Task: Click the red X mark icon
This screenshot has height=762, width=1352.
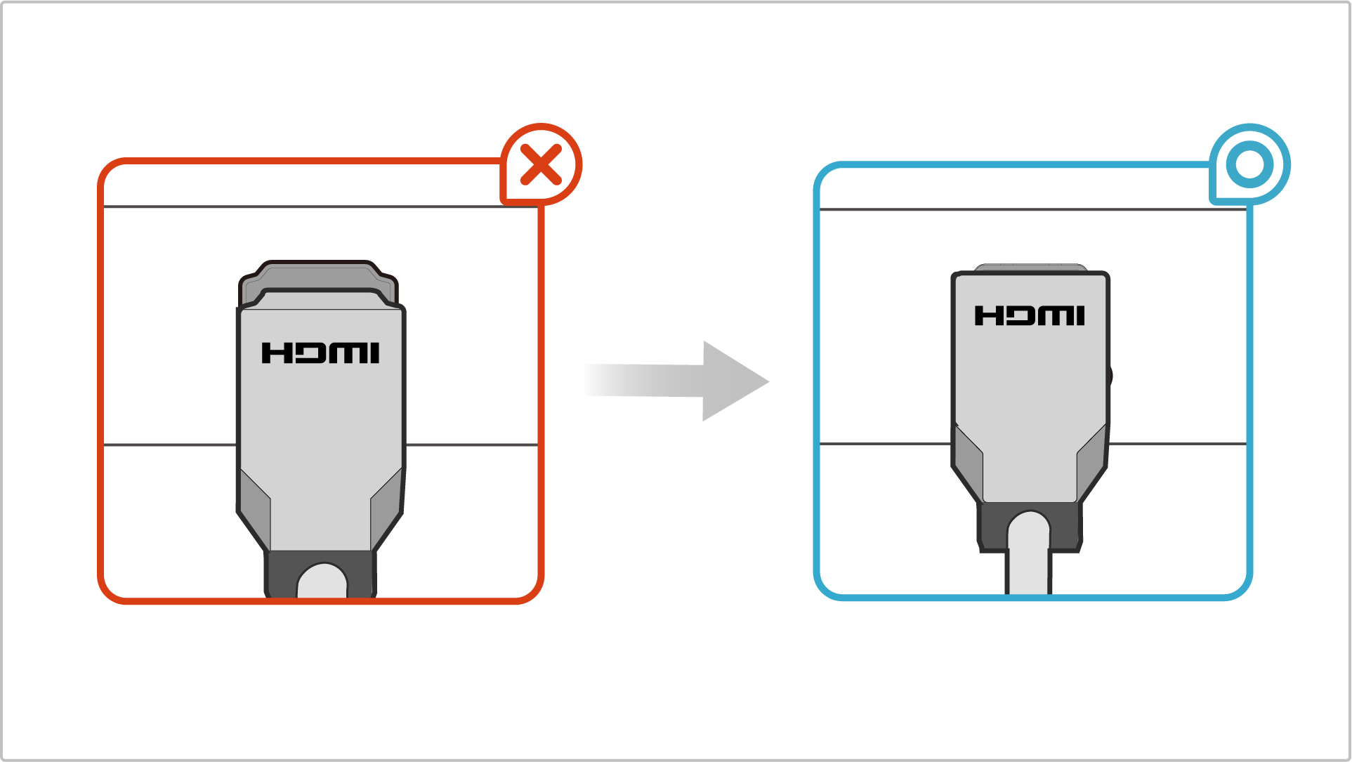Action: [541, 165]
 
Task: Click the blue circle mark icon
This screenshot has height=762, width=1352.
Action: [1249, 165]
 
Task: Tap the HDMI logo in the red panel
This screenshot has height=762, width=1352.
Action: [320, 353]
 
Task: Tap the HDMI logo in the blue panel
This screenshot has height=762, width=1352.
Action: [1030, 316]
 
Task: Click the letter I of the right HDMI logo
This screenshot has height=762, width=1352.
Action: [1080, 316]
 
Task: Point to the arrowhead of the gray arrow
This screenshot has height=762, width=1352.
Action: [734, 381]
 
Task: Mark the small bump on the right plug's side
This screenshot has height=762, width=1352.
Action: [1110, 376]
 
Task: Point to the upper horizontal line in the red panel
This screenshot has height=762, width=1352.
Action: [176, 206]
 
